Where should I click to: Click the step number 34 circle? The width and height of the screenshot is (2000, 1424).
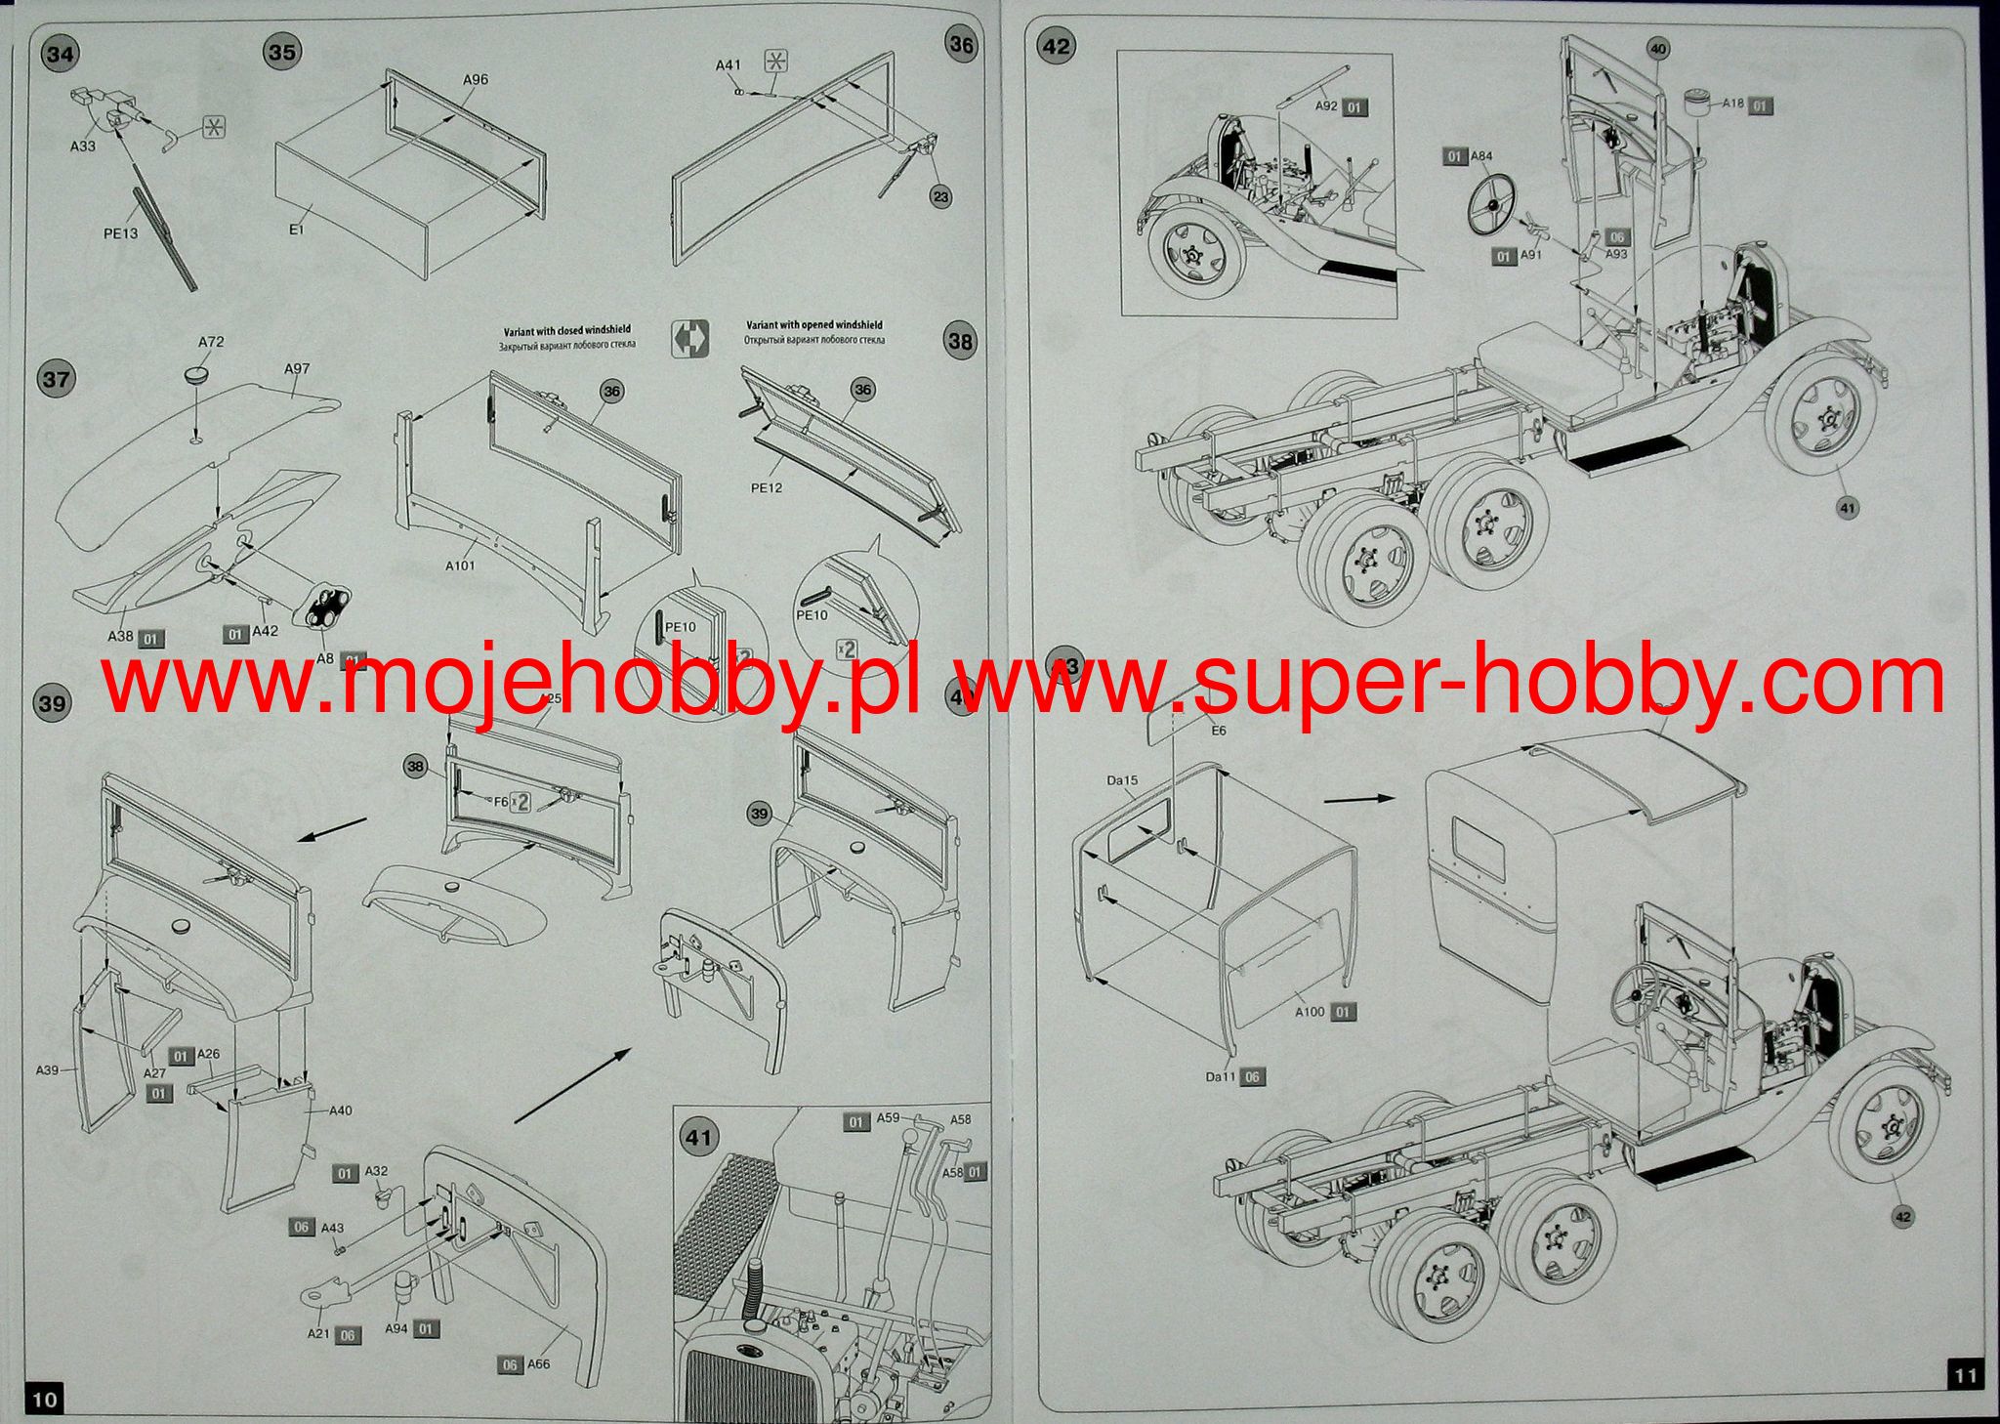(x=60, y=54)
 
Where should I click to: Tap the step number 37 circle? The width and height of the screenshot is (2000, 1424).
(x=56, y=378)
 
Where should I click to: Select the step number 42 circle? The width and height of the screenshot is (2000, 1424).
(x=1057, y=46)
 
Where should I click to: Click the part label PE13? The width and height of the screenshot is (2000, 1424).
(x=121, y=233)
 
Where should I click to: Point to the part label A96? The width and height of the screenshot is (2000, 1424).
(x=476, y=79)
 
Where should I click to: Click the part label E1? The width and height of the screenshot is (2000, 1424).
(x=298, y=230)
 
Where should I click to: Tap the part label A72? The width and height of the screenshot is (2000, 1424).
(x=211, y=342)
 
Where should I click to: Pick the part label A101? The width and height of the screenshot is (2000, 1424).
(x=460, y=565)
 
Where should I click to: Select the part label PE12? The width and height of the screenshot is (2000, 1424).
(x=767, y=487)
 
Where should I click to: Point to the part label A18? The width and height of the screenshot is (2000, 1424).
(x=1732, y=104)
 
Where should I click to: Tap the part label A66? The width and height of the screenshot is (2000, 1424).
(x=539, y=1363)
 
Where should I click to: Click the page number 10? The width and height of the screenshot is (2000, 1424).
(x=45, y=1399)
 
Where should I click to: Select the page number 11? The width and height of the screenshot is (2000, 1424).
(x=1965, y=1375)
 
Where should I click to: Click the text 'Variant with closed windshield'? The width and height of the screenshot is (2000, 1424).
(x=566, y=330)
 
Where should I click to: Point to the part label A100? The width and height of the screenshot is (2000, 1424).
(x=1310, y=1012)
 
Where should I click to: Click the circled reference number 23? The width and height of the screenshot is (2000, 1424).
(x=939, y=197)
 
